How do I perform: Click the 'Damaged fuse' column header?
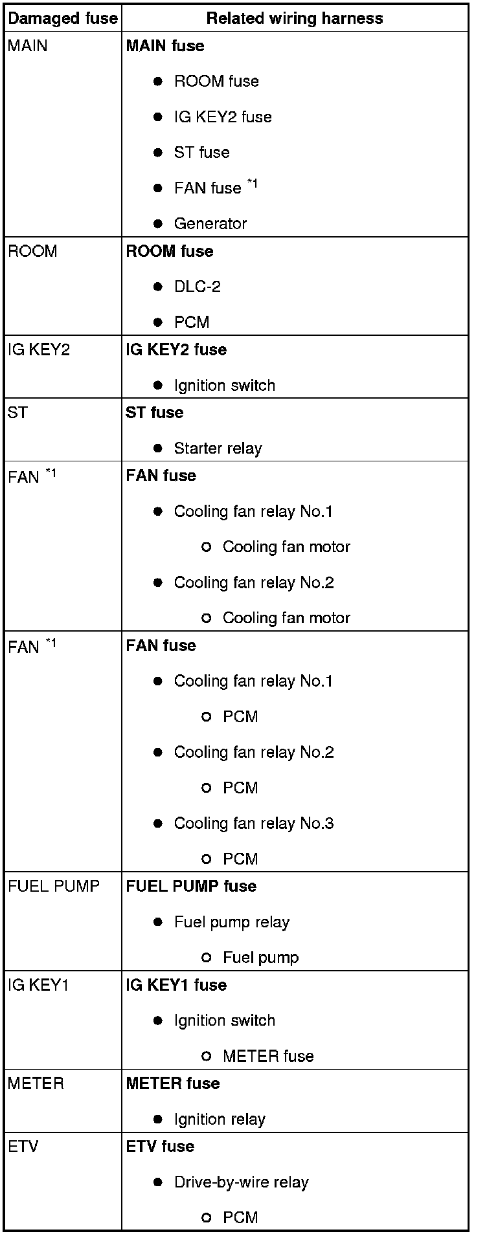(63, 18)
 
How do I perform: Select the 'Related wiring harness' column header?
(294, 18)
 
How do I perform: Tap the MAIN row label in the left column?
(28, 46)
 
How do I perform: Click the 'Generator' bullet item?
(210, 224)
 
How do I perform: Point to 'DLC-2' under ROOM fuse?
(197, 287)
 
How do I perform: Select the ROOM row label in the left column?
(32, 251)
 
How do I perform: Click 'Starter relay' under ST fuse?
(218, 448)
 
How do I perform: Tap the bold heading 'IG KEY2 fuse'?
(176, 350)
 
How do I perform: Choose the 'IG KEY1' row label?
(38, 986)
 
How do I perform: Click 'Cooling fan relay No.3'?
(253, 824)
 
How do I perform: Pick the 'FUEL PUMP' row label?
(54, 887)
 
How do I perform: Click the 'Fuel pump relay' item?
(231, 922)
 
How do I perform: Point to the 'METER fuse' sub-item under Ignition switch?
(268, 1057)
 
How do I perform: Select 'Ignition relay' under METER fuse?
(220, 1120)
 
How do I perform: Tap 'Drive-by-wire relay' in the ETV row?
(241, 1182)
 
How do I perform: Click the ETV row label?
(23, 1147)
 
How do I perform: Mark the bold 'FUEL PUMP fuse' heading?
(191, 887)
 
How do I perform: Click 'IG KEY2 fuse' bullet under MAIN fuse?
(222, 117)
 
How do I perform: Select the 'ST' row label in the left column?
(17, 413)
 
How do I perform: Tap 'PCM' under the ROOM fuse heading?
(191, 322)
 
